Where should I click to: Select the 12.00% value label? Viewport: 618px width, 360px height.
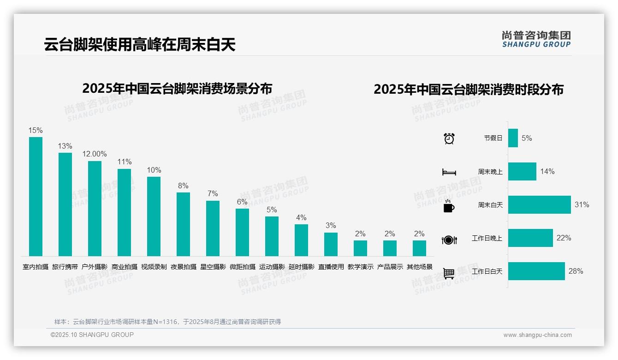tap(95, 154)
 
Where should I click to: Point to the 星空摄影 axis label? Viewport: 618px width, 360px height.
tap(213, 267)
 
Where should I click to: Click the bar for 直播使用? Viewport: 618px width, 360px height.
tap(331, 244)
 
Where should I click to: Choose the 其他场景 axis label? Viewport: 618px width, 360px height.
tap(419, 267)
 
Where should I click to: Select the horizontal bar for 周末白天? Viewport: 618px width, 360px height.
tap(539, 204)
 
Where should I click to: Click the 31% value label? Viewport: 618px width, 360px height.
tap(582, 204)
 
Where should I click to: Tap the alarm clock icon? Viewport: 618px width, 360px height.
tap(449, 138)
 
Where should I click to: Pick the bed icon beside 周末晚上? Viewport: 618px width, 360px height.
tap(449, 172)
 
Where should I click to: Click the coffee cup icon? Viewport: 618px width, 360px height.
tap(449, 206)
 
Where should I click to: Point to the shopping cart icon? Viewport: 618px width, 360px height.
tap(449, 273)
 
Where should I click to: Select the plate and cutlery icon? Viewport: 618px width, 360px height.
tap(449, 240)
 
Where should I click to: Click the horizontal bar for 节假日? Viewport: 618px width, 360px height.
tap(513, 138)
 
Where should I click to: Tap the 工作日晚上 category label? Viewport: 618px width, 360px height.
tap(487, 238)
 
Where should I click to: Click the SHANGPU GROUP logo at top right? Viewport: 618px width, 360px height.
tap(536, 39)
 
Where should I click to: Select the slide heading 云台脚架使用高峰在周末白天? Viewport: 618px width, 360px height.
tap(140, 44)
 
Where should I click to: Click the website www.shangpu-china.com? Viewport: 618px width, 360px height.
tap(537, 335)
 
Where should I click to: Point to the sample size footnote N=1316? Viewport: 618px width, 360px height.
tap(167, 322)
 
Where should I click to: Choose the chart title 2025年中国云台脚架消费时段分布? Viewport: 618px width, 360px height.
tap(468, 89)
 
